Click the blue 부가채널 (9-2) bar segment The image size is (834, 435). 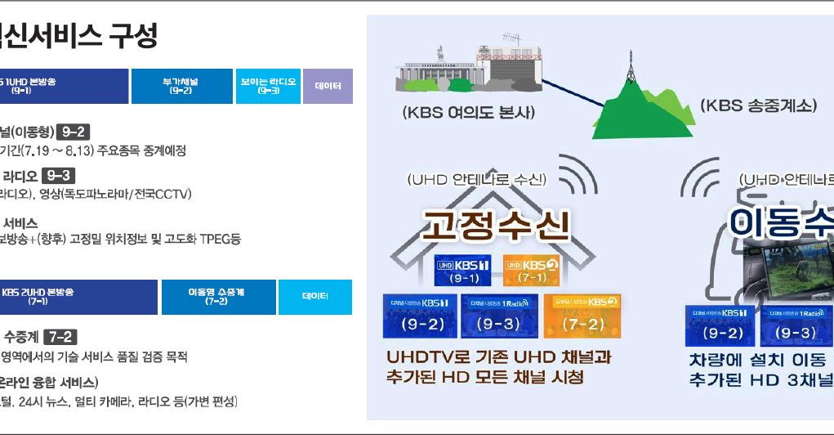coord(181,86)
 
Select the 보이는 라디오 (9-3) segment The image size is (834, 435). coord(268,86)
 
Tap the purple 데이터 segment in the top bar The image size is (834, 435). coord(328,86)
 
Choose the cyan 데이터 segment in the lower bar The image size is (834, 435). coord(314,297)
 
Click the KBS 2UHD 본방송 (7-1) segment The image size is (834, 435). coord(78,297)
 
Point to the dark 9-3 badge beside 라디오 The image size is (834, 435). coord(59,175)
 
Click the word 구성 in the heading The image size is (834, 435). coord(131,35)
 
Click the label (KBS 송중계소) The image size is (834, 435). coord(757,105)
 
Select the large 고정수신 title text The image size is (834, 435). coord(495,224)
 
